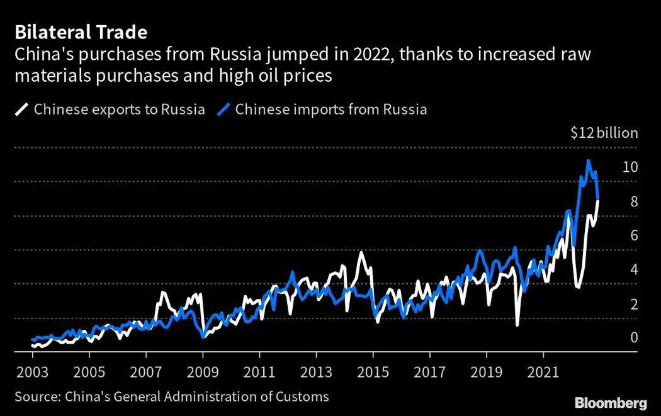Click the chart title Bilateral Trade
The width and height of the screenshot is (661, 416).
(81, 32)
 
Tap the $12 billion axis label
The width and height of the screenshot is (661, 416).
(604, 133)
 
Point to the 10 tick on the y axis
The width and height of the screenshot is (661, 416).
(630, 167)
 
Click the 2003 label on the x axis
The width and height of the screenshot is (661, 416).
(33, 372)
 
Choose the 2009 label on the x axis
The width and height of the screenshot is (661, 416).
(203, 372)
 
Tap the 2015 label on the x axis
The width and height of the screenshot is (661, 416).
(373, 372)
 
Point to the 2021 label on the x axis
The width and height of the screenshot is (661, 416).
(543, 372)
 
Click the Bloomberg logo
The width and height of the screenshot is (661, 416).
(611, 403)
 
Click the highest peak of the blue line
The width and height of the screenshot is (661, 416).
(588, 161)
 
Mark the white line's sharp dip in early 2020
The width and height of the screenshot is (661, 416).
(517, 325)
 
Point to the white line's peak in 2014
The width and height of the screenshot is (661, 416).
(361, 252)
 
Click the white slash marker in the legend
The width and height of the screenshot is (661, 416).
(22, 110)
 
